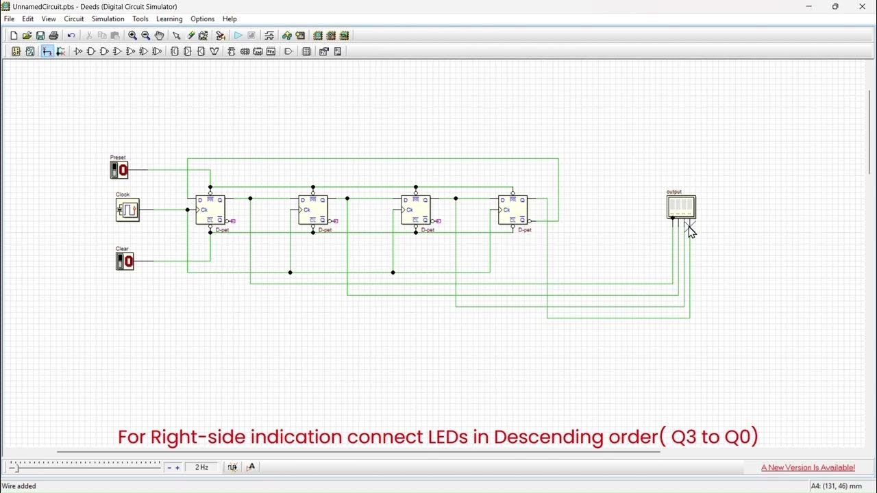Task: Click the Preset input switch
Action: coord(119,170)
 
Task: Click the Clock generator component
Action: coord(127,210)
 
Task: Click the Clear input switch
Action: coord(125,261)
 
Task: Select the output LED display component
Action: coord(681,206)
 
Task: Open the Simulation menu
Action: coord(108,18)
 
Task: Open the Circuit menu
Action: coord(74,18)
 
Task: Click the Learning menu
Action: coord(169,18)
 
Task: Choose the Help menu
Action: coord(230,18)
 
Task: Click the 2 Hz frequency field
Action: coord(201,467)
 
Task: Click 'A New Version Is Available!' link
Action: coord(808,468)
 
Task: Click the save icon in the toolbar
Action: coord(40,36)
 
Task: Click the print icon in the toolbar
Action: coord(53,36)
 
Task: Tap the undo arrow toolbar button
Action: coord(71,36)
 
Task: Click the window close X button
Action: coord(862,6)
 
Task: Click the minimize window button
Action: coord(808,6)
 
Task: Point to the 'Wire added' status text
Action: coord(18,486)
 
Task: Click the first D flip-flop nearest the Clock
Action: coord(210,210)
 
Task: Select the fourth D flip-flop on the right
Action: coord(512,210)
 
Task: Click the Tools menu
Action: coord(140,18)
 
